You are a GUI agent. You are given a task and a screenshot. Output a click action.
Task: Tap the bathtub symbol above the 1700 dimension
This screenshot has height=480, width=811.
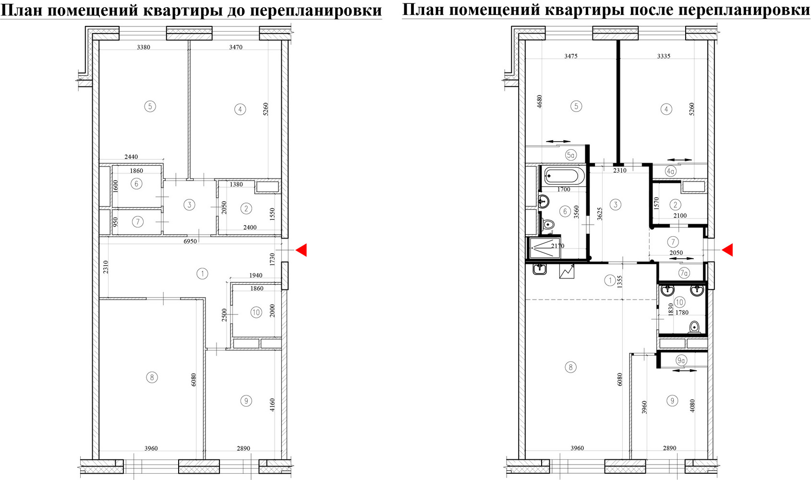[x=564, y=176]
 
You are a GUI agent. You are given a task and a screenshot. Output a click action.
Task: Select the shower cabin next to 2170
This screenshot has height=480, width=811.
[x=545, y=248]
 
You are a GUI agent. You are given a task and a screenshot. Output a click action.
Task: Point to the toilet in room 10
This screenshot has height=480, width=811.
[x=694, y=327]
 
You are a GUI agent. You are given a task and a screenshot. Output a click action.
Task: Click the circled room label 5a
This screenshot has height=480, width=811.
[x=570, y=156]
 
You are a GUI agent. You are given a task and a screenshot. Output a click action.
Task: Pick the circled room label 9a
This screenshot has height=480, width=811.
[x=681, y=360]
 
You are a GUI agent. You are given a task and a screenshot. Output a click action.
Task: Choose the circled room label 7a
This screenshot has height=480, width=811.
[x=684, y=273]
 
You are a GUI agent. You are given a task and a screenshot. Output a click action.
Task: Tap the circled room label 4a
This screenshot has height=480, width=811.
[x=670, y=171]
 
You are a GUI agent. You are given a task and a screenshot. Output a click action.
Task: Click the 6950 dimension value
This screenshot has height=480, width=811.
[x=190, y=241]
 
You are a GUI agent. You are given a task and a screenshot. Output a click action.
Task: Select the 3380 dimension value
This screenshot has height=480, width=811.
[x=144, y=47]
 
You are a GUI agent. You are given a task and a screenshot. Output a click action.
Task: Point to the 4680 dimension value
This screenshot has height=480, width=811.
[x=539, y=102]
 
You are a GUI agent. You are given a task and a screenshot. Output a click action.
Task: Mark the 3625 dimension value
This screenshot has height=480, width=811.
[x=599, y=214]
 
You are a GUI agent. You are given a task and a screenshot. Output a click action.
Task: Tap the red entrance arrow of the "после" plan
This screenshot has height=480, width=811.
[x=727, y=250]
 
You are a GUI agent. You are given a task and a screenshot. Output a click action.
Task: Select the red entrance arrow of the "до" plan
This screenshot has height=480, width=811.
[x=301, y=250]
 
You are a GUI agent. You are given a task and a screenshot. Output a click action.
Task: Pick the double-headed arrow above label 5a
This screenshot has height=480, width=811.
[x=558, y=142]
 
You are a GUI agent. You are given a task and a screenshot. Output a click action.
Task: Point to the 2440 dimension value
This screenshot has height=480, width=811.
[x=131, y=157]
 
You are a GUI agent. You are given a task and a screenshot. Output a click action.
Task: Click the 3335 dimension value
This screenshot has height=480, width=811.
[x=664, y=56]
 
